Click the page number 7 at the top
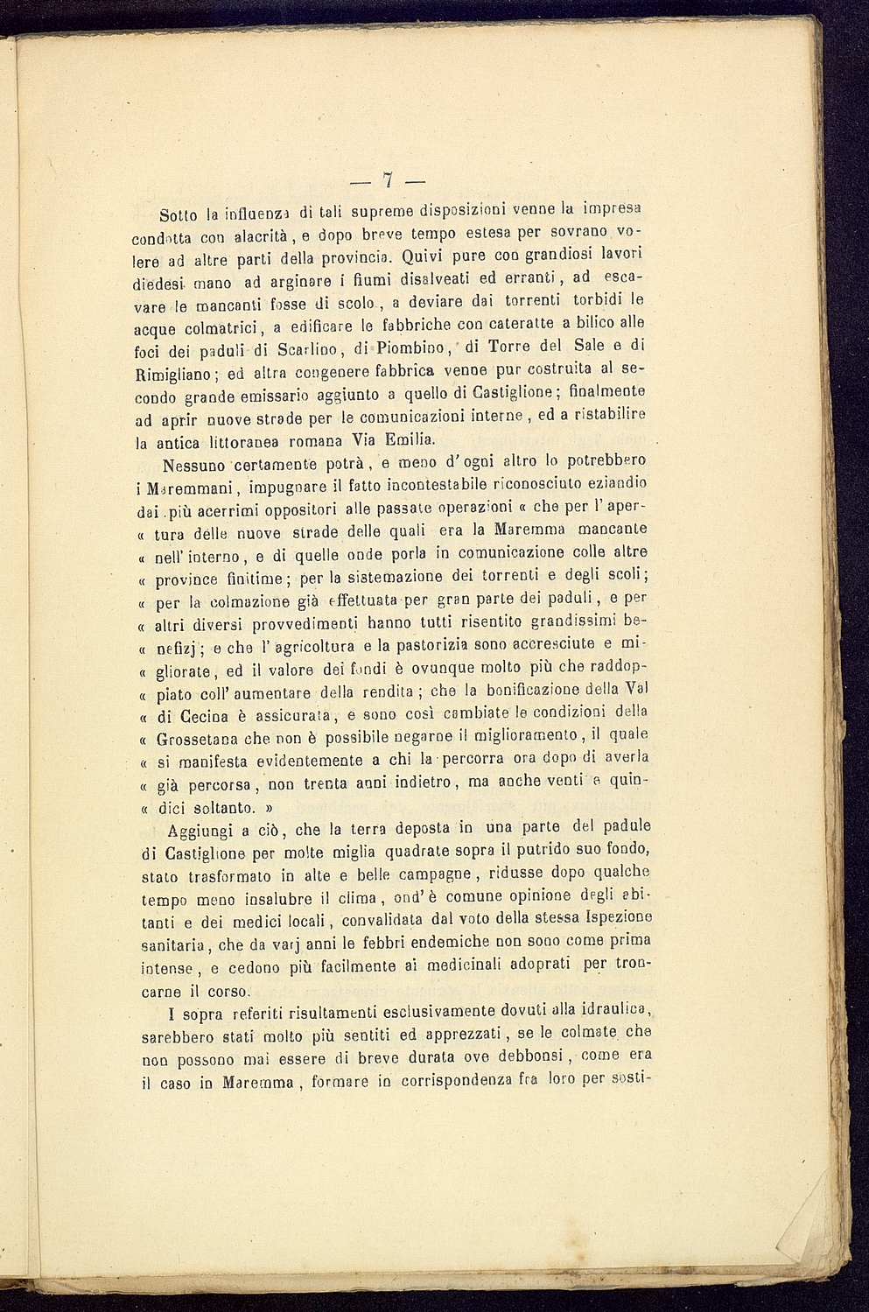click(x=387, y=181)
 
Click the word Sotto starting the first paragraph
click(x=179, y=214)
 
